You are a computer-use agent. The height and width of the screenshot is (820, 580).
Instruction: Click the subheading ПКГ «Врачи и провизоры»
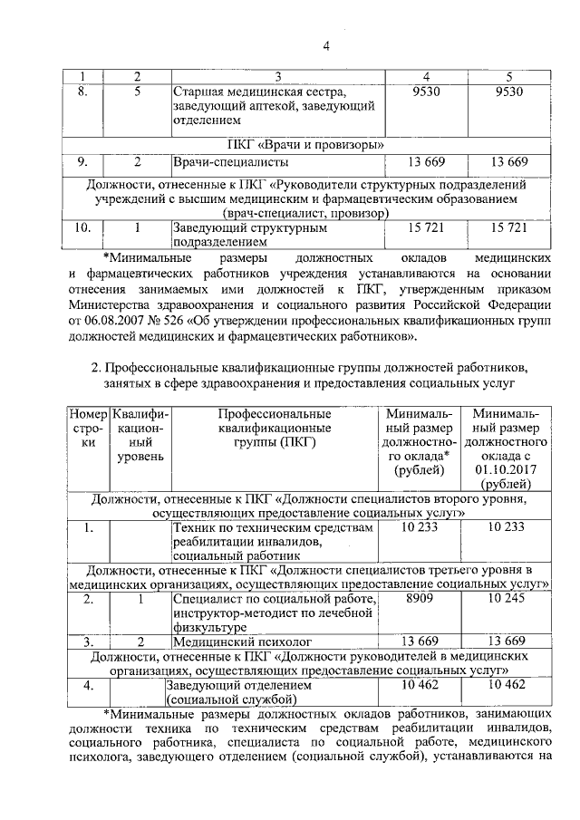point(308,144)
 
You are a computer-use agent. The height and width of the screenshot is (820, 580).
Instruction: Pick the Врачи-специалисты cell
point(231,162)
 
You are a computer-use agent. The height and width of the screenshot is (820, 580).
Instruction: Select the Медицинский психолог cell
point(232,642)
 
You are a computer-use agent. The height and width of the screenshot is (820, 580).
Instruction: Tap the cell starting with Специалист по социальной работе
point(272,613)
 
